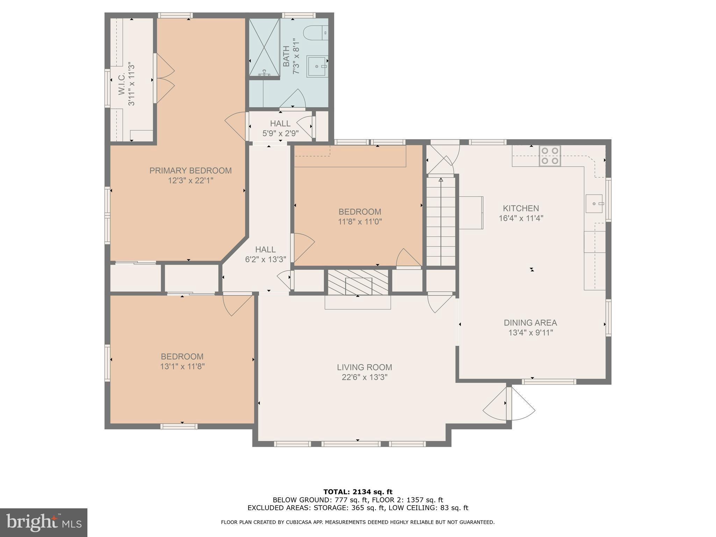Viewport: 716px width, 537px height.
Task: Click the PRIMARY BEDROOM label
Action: pos(191,171)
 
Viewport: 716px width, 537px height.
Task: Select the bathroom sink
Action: pos(317,66)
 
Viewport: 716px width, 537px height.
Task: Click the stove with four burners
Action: pos(550,156)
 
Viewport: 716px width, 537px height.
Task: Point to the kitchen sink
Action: pos(594,203)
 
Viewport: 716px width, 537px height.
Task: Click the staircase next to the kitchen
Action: pos(441,222)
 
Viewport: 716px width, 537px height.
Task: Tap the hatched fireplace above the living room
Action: pos(358,282)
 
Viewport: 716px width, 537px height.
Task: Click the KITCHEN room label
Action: pos(521,208)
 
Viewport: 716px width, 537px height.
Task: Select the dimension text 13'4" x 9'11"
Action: pos(530,332)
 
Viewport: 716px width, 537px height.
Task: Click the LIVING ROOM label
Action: pos(364,367)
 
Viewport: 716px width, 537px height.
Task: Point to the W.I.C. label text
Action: pos(122,84)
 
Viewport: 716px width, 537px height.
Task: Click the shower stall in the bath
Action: pos(264,47)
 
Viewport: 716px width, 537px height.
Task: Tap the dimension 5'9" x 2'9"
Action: pos(280,134)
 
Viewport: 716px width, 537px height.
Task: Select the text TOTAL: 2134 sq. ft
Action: pos(358,492)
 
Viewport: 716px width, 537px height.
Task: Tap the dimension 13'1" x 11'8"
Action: pos(182,366)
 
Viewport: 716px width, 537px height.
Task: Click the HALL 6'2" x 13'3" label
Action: pos(265,254)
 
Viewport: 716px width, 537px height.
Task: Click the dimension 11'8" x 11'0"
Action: pos(360,222)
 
